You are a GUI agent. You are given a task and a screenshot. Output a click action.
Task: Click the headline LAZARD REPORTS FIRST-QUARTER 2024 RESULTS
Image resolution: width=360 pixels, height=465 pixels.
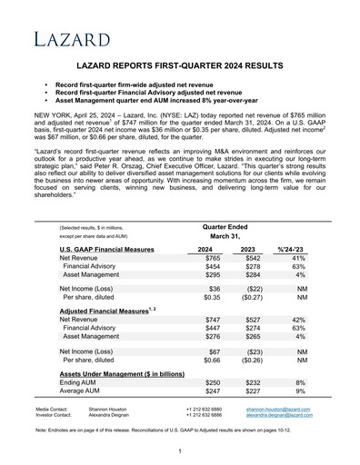click(x=180, y=67)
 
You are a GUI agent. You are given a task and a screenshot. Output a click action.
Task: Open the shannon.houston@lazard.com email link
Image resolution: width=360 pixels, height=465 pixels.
click(x=278, y=410)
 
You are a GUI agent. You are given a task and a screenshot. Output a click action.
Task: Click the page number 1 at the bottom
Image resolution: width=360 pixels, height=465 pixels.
click(x=180, y=451)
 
